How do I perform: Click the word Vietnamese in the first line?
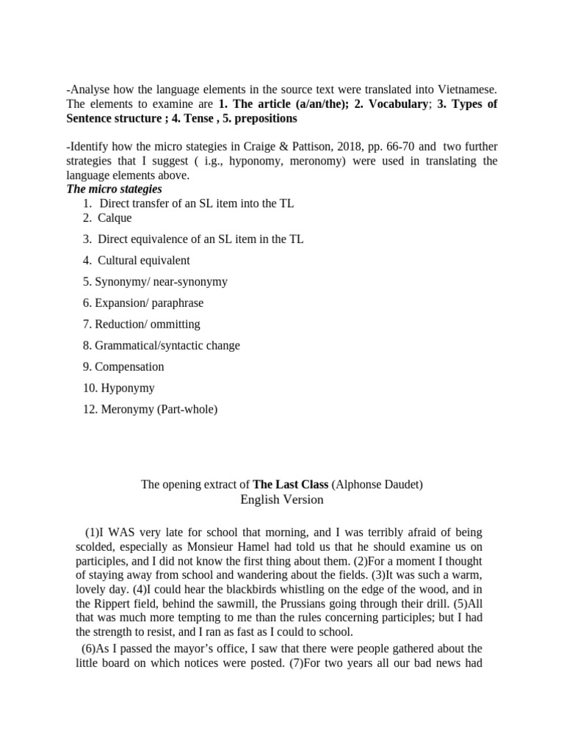point(467,90)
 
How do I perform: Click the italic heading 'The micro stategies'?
point(115,189)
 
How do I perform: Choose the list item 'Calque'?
point(115,217)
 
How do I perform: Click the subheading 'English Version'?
point(282,500)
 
